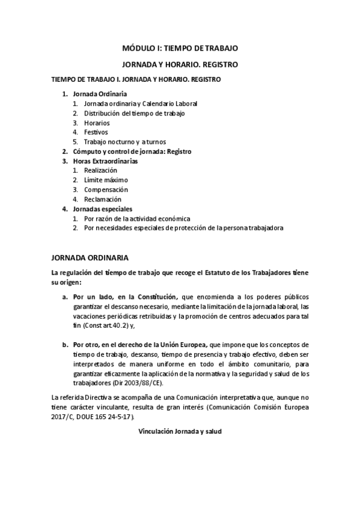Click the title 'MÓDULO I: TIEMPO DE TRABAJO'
pos(180,47)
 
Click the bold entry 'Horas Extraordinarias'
pos(105,161)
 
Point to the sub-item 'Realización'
pos(100,171)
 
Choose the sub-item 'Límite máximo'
pos(106,180)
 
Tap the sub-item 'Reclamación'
pos(103,199)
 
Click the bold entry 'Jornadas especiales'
pos(102,209)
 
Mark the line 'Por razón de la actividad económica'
pos(137,218)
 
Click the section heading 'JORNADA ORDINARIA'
pos(90,258)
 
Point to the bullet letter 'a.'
pos(64,297)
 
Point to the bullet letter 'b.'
pos(64,345)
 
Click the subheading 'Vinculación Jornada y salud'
pos(180,431)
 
